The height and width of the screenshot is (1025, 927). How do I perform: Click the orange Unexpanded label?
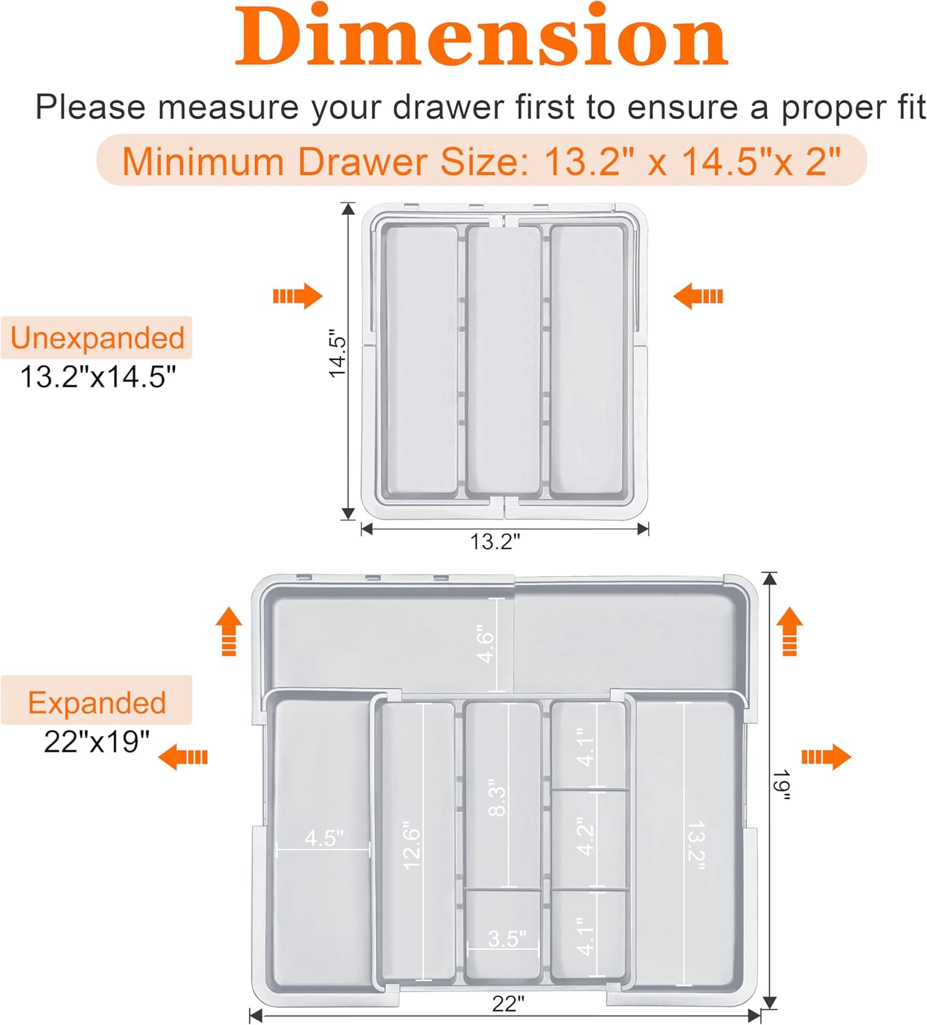tap(97, 338)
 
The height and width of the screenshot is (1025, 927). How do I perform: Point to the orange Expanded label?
tap(96, 702)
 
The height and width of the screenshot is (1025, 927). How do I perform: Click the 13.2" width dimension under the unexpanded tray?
tap(494, 541)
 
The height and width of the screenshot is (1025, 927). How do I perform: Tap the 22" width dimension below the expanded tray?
tap(508, 1004)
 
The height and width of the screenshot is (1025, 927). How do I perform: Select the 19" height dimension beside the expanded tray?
tap(781, 785)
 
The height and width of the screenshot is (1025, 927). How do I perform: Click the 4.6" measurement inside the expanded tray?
tap(485, 644)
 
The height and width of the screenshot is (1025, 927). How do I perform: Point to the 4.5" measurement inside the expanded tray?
tap(324, 837)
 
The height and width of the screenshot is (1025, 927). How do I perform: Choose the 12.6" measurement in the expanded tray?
tap(412, 845)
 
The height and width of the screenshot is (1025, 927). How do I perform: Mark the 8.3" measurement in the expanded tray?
tap(497, 797)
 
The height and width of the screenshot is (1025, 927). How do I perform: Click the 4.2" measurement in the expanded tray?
tap(585, 836)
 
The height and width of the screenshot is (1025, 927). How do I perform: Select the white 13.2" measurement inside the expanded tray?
tap(696, 846)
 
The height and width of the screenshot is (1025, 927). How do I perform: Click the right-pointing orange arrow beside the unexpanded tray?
tap(297, 296)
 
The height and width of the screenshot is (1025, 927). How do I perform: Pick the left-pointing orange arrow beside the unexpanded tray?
tap(698, 296)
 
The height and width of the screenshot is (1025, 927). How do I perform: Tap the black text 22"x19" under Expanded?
tap(96, 741)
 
